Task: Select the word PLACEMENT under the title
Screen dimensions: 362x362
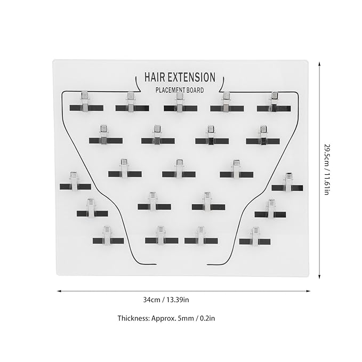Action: click(x=171, y=90)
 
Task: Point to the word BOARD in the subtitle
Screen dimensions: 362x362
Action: click(x=195, y=90)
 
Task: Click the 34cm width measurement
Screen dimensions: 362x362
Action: click(x=151, y=300)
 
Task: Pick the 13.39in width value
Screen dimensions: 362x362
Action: click(x=178, y=300)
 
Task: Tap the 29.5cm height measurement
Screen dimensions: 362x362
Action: click(x=327, y=154)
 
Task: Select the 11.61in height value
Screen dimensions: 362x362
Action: click(x=327, y=182)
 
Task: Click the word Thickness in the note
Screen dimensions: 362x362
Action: click(x=133, y=318)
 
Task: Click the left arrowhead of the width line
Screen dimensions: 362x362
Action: click(x=59, y=291)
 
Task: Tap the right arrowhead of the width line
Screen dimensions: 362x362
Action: click(x=308, y=291)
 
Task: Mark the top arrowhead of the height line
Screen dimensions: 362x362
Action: click(x=319, y=64)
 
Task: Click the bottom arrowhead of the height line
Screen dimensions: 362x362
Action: click(x=319, y=277)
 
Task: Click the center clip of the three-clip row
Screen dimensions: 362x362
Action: click(x=179, y=170)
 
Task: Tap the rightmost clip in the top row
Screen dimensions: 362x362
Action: click(x=274, y=102)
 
